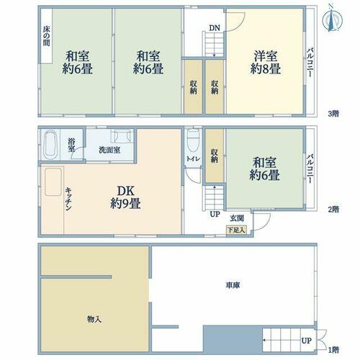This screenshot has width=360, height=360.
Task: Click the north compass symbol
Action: click(x=332, y=21)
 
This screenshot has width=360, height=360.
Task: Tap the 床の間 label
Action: click(x=47, y=36)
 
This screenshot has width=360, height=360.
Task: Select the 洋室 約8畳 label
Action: click(x=266, y=63)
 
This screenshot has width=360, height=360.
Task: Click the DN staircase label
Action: click(x=215, y=28)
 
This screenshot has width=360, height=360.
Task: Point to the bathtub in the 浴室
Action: click(x=50, y=145)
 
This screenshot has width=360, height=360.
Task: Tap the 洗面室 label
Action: click(x=109, y=150)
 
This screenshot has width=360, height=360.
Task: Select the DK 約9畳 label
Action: click(x=125, y=197)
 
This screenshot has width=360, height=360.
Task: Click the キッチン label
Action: click(x=68, y=199)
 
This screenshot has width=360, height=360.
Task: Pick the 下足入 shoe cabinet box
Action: click(x=236, y=230)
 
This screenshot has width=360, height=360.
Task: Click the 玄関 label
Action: click(x=237, y=218)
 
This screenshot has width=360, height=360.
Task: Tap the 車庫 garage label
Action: click(x=233, y=285)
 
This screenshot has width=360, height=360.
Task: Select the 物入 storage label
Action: click(x=94, y=319)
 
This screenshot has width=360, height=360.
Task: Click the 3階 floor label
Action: click(x=333, y=114)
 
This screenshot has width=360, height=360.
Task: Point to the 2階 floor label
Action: click(x=333, y=210)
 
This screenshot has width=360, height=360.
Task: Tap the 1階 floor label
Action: click(x=333, y=350)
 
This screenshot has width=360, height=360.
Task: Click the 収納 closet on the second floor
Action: click(x=215, y=156)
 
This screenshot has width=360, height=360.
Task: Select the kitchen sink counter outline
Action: click(x=53, y=182)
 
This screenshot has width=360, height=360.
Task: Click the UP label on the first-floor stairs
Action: click(x=307, y=341)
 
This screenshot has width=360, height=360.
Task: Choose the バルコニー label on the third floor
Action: click(x=310, y=63)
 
